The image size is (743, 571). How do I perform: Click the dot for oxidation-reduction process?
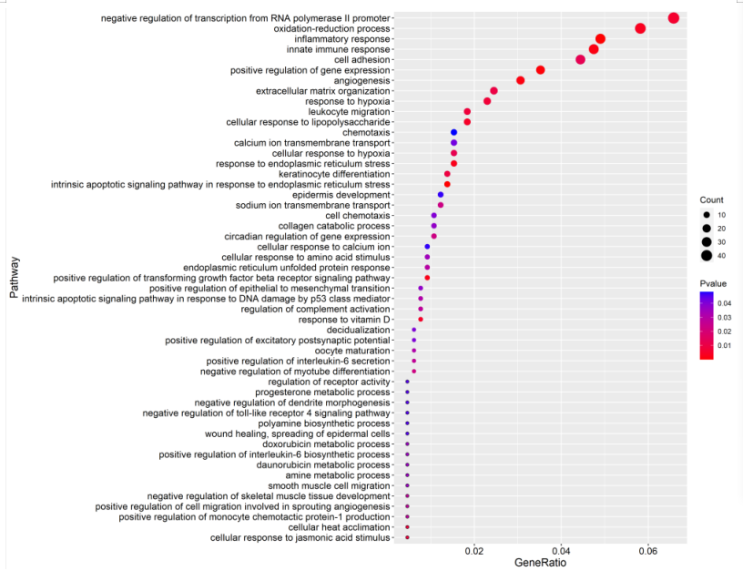click(640, 28)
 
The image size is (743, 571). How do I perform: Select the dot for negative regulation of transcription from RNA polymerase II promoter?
click(674, 18)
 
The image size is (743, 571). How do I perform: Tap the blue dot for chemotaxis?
click(453, 132)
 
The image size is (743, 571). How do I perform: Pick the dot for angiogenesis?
click(520, 80)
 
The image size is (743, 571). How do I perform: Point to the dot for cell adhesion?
click(580, 59)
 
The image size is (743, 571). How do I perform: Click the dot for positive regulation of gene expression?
click(540, 70)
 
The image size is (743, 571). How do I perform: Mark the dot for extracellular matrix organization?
click(494, 91)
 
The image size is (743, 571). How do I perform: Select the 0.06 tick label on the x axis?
click(647, 551)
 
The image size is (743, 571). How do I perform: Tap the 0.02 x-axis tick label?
click(473, 551)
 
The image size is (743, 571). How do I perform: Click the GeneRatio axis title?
click(541, 563)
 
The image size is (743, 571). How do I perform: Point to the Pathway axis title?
click(14, 277)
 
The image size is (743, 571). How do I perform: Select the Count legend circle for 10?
click(707, 215)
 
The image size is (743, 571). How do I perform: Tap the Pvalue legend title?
click(713, 284)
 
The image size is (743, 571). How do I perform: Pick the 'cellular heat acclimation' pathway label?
click(339, 527)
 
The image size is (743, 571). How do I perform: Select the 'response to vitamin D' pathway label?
click(344, 320)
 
